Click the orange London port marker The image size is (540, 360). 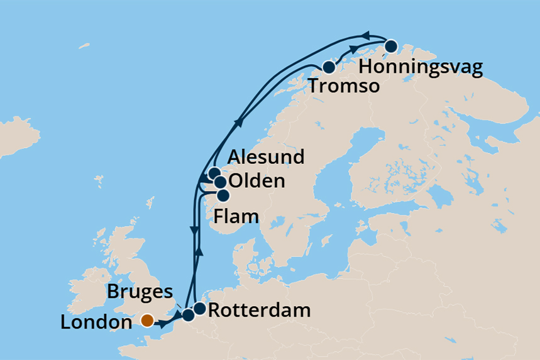[147, 320]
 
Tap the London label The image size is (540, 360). [97, 323]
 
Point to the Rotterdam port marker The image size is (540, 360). [199, 308]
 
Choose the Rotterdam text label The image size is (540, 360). [258, 310]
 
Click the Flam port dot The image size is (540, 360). [223, 195]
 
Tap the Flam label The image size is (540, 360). [236, 217]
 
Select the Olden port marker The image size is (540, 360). [220, 182]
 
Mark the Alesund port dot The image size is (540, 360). [214, 173]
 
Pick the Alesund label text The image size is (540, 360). [267, 156]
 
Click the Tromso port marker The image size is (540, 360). [328, 67]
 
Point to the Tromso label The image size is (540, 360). [344, 86]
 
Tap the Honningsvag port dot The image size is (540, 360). [390, 46]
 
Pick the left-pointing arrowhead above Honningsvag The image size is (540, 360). [366, 35]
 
